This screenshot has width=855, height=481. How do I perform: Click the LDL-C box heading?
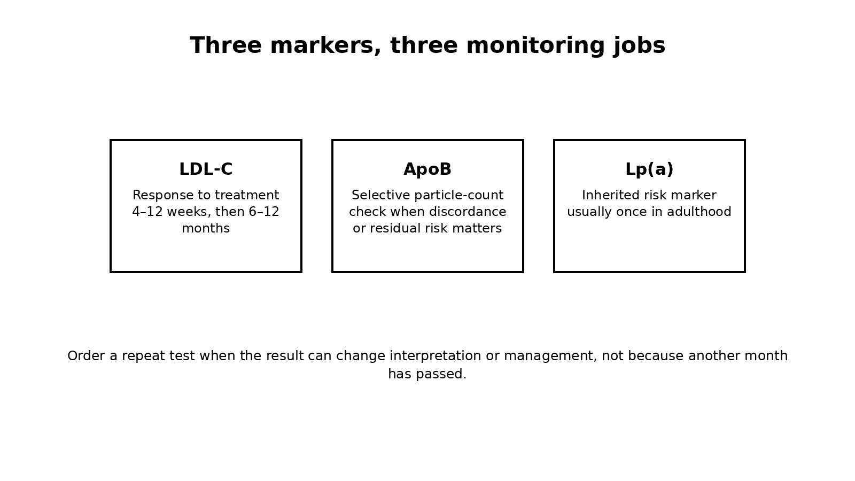[206, 169]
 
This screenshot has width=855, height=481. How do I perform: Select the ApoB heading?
[428, 169]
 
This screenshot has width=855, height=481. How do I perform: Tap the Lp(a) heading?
[649, 169]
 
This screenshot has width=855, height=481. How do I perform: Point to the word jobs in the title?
[639, 46]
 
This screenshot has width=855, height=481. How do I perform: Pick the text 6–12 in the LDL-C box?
[264, 212]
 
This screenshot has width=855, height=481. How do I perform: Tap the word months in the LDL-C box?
[206, 228]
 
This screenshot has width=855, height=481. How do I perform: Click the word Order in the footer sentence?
[86, 356]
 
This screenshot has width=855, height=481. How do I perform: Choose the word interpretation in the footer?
[435, 356]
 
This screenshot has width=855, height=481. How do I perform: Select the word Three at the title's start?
[226, 45]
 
